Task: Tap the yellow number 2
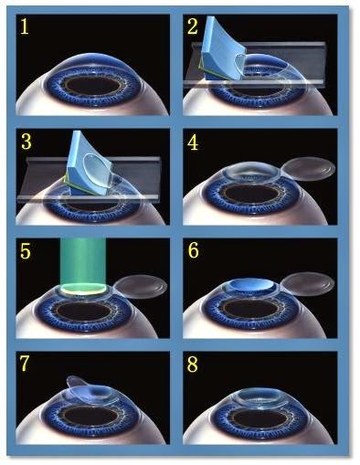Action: click(193, 26)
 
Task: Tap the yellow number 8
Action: click(193, 365)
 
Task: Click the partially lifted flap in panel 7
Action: click(82, 388)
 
